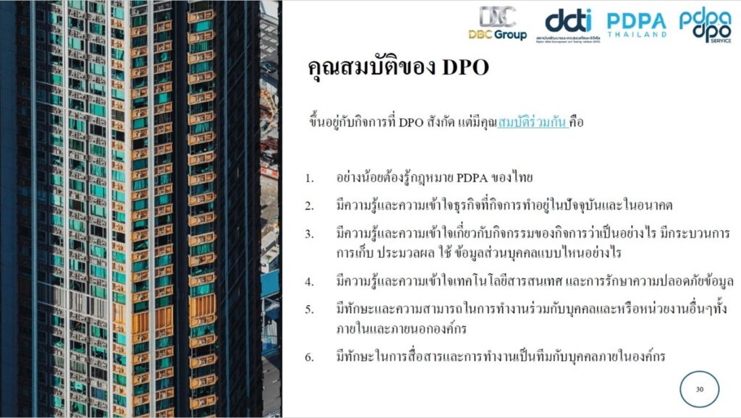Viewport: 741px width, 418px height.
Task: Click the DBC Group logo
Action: click(498, 23)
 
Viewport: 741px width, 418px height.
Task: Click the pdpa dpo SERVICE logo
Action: click(705, 25)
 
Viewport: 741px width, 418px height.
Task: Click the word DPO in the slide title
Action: click(465, 67)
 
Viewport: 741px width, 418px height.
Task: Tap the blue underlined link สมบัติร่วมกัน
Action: click(533, 122)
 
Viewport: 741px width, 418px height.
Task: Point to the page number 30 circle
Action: click(700, 390)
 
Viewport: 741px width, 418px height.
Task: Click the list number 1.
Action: click(309, 179)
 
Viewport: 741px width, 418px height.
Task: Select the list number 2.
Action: click(309, 206)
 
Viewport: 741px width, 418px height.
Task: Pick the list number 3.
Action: click(309, 234)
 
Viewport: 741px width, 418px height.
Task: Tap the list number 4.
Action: click(309, 282)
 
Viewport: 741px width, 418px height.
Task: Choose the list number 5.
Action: click(309, 310)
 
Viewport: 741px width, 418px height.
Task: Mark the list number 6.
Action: click(309, 357)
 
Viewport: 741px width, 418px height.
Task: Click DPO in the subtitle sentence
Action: click(411, 122)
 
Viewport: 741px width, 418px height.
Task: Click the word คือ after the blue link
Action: click(577, 122)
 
